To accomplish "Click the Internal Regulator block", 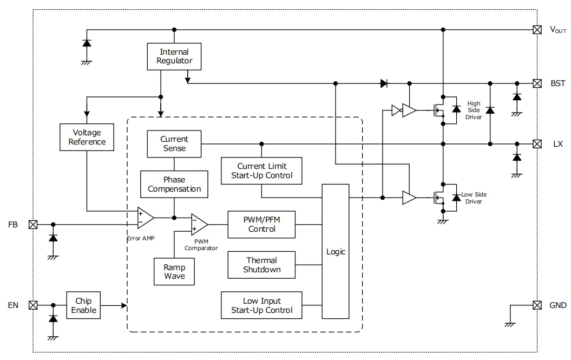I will (x=174, y=57).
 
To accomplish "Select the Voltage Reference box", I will (x=87, y=137).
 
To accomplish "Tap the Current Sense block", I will (x=174, y=144).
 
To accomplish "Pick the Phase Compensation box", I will (x=174, y=184).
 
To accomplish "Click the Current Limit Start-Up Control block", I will (x=261, y=171).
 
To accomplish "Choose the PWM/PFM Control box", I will (x=262, y=224).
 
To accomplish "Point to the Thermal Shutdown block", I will (x=262, y=265).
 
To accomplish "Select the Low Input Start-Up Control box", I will (x=261, y=305).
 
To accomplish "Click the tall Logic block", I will (x=336, y=252).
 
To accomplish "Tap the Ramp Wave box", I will (x=174, y=272).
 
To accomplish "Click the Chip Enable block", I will (x=83, y=305).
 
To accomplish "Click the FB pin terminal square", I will (x=32, y=224).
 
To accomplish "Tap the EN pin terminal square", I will (x=32, y=305).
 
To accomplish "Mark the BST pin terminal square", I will (x=537, y=83).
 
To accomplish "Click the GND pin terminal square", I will (x=537, y=305).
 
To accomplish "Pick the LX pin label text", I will (x=557, y=144).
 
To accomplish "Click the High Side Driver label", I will (x=474, y=110).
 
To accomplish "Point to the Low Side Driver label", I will (x=471, y=198).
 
